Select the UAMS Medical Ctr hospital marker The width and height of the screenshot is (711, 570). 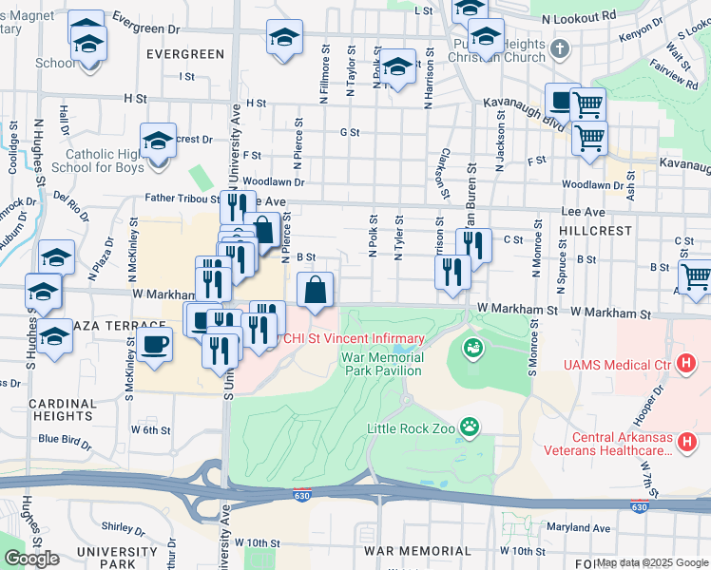(684, 364)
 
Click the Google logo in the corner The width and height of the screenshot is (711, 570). (31, 558)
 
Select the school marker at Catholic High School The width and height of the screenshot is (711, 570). (158, 142)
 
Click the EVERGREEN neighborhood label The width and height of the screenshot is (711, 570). (185, 55)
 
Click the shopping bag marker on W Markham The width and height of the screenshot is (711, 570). (316, 291)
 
